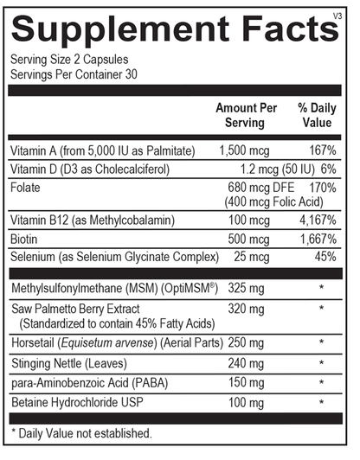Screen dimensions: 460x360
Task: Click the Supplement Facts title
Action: [173, 30]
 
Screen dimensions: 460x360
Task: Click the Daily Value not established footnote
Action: [81, 431]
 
